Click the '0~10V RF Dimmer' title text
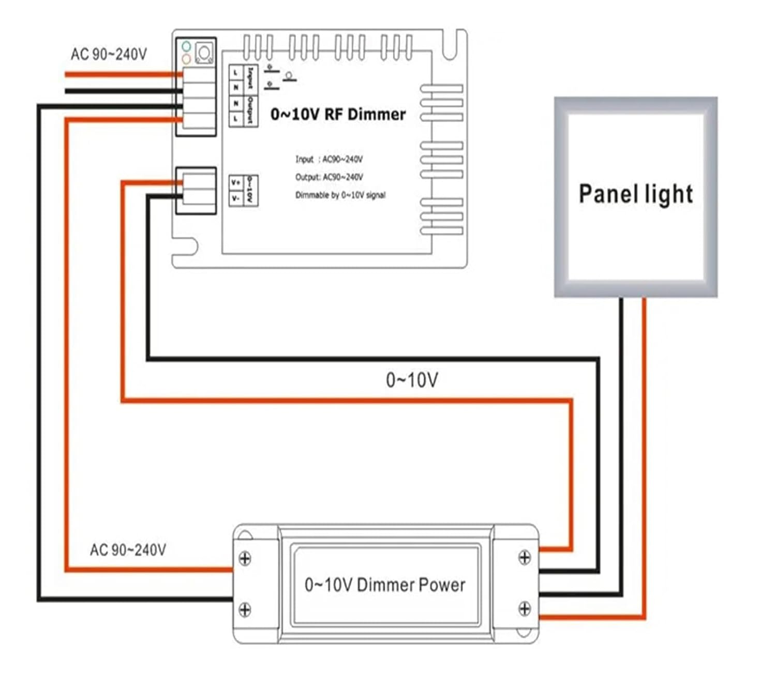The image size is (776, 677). [x=338, y=114]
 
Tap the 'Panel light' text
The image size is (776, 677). [x=636, y=194]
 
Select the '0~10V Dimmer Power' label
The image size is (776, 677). [x=385, y=584]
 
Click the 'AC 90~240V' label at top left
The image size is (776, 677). [x=109, y=54]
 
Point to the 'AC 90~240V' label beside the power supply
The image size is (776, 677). [x=128, y=549]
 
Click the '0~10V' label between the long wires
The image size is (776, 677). [x=412, y=380]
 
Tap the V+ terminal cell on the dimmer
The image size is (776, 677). [x=236, y=183]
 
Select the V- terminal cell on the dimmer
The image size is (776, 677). [x=236, y=198]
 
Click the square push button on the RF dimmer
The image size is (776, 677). [x=204, y=52]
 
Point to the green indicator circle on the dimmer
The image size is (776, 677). [x=186, y=47]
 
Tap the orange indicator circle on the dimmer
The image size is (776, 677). [x=186, y=58]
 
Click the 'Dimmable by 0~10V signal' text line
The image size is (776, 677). [x=340, y=195]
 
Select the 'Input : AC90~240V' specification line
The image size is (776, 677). [x=329, y=159]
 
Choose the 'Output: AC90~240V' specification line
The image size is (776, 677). [x=329, y=177]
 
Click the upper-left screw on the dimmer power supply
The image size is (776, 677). [x=245, y=559]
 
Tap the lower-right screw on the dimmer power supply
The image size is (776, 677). [x=525, y=609]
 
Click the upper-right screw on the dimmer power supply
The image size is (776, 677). [x=525, y=558]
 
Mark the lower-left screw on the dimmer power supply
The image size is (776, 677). [x=245, y=610]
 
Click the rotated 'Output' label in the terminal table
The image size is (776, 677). [x=250, y=110]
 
